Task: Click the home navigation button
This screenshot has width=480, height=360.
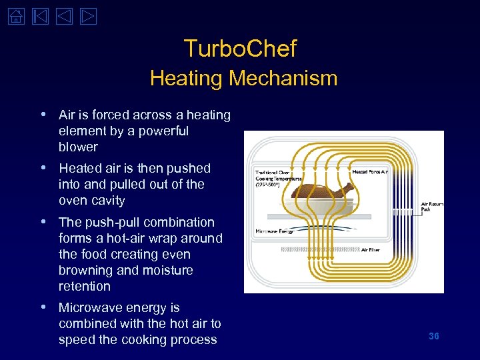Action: click(15, 15)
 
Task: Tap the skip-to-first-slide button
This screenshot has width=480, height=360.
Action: click(39, 15)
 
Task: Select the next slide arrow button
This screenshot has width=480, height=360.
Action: click(88, 15)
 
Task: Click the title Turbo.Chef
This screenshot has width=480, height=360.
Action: click(240, 48)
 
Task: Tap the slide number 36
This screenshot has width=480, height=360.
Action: click(433, 336)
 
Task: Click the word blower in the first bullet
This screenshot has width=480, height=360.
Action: click(78, 147)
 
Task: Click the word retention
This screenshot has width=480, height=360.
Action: click(84, 287)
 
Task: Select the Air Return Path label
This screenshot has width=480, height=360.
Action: click(431, 207)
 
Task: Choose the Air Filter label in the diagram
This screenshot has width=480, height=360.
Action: click(371, 250)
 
